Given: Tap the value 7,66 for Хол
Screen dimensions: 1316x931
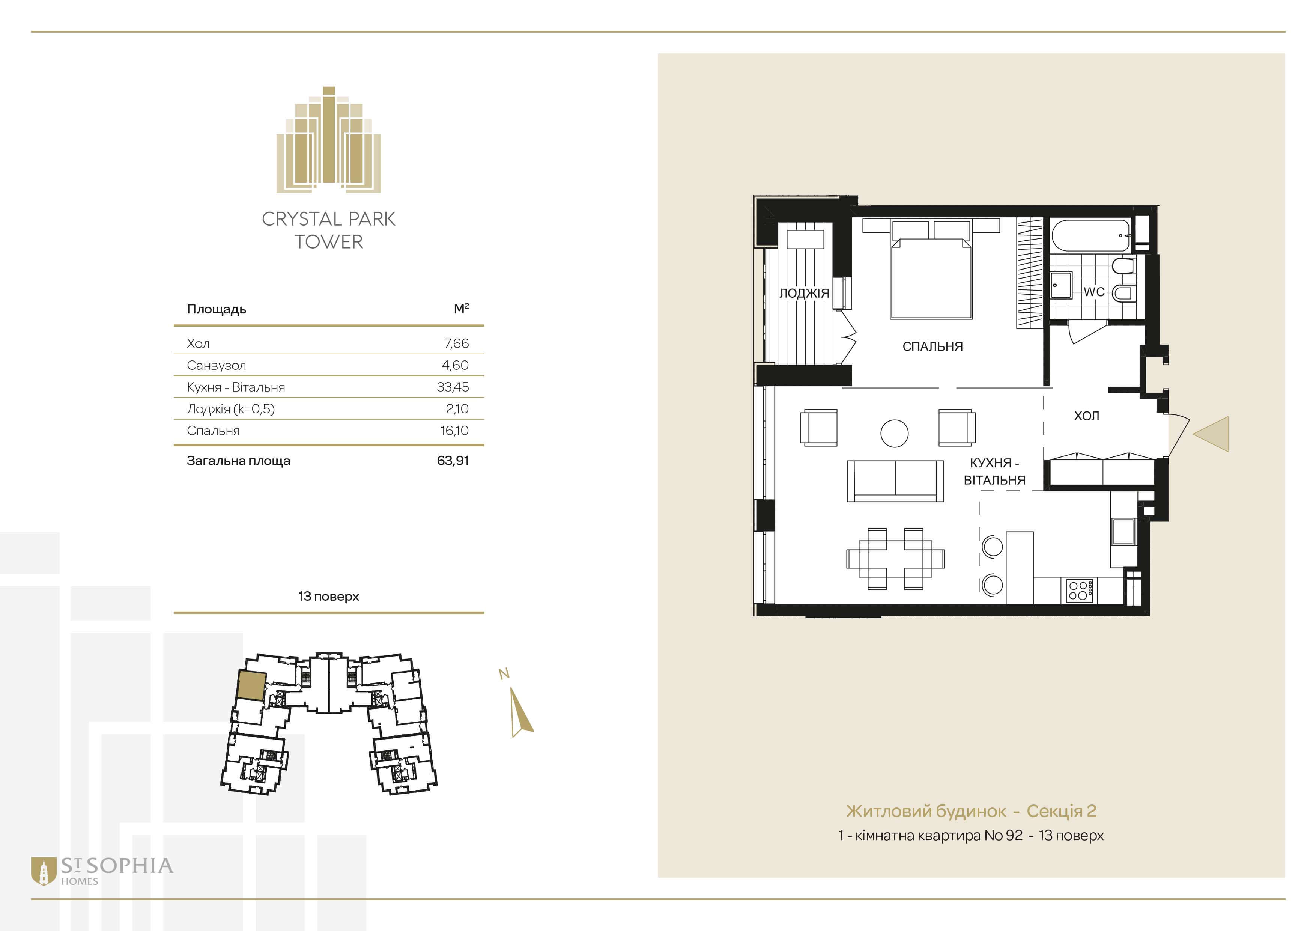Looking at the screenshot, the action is [456, 343].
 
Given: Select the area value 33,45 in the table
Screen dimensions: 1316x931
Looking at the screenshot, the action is [453, 387].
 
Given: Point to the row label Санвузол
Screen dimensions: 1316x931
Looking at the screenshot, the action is [216, 365].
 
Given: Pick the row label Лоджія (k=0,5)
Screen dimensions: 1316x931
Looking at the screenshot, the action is [230, 409].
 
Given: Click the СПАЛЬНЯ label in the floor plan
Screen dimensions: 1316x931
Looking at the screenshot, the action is [932, 346].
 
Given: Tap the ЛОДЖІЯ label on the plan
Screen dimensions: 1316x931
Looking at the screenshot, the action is [804, 293].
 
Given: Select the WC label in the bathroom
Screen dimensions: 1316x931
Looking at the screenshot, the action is [1093, 292].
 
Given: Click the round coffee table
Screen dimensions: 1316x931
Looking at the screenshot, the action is [894, 433].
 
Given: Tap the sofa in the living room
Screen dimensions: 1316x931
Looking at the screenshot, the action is [895, 481].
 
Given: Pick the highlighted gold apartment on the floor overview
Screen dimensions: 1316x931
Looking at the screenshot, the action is [252, 685].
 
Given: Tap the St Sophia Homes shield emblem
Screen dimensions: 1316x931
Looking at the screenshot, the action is [43, 871].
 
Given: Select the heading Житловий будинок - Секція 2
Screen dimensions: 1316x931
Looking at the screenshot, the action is [971, 811].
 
